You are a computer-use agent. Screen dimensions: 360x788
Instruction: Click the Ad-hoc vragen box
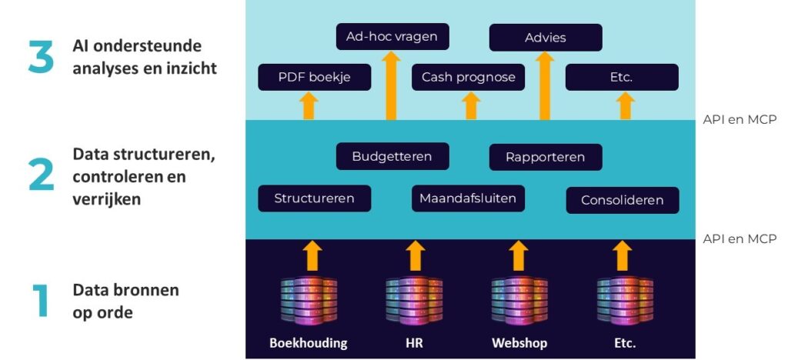tap(392, 37)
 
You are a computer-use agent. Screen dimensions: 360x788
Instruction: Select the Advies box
tap(546, 37)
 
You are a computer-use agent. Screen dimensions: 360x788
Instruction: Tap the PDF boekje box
tap(314, 77)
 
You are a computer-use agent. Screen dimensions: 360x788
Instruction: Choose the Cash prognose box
tap(468, 77)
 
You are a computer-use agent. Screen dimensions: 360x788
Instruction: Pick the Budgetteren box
tap(392, 157)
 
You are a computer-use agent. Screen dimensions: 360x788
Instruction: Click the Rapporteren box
tap(546, 157)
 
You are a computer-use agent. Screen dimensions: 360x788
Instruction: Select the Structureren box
tap(314, 198)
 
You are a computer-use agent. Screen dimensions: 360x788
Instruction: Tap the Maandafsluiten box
tap(468, 198)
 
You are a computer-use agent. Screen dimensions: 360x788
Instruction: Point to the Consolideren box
tap(623, 200)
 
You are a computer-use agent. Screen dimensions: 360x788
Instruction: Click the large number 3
tap(41, 58)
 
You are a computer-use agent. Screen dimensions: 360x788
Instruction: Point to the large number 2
tap(41, 175)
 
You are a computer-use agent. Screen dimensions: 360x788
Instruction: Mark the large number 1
tap(41, 301)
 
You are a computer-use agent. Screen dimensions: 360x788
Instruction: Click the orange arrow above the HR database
tap(415, 255)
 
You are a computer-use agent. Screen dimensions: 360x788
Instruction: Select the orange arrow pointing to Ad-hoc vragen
tap(392, 85)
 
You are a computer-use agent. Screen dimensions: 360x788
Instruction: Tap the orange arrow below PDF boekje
tap(309, 105)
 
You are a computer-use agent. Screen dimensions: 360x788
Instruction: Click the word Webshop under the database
tap(519, 343)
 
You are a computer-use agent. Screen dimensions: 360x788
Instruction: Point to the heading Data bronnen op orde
tap(125, 300)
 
